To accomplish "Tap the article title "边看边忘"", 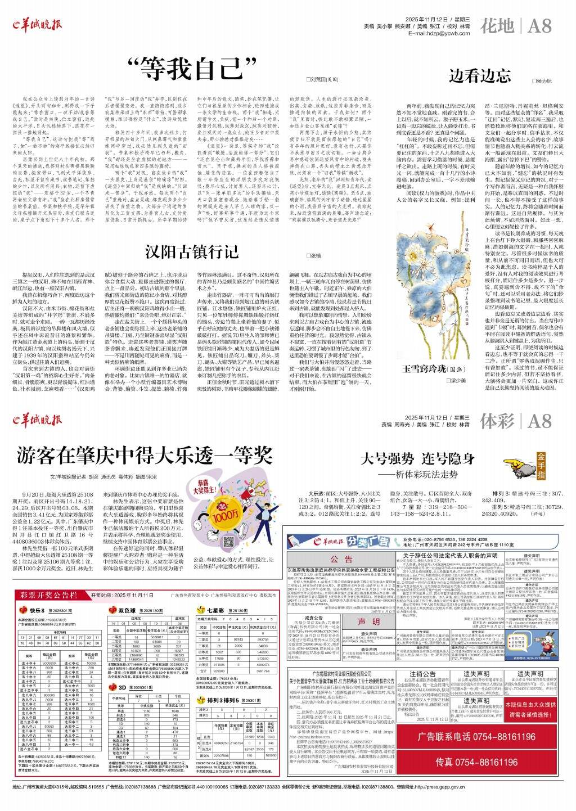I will click(x=479, y=75).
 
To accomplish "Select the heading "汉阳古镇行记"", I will click(x=191, y=251).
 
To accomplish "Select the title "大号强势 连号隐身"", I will click(x=417, y=458).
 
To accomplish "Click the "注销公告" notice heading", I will click(x=422, y=673).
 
